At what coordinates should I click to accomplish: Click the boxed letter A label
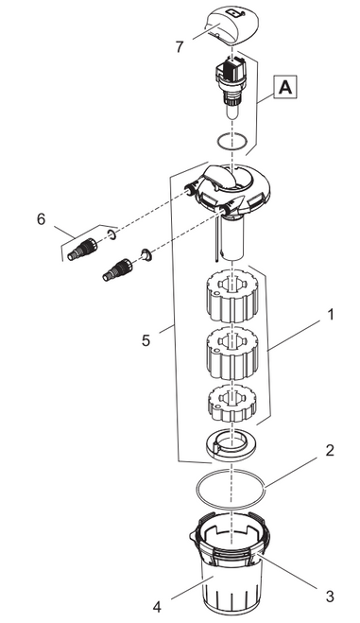point(285,88)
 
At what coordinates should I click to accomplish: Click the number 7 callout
point(180,47)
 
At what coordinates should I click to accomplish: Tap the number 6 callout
point(42,219)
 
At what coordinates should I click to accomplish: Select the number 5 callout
point(146,340)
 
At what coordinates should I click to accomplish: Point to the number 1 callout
point(330,315)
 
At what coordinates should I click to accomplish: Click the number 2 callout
point(330,451)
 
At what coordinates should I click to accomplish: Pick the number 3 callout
point(330,597)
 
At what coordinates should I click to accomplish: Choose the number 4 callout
point(157,608)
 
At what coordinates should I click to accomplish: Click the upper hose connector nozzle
point(83,249)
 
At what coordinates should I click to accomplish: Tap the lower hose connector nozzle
point(118,269)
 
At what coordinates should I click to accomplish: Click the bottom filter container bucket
point(230,566)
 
